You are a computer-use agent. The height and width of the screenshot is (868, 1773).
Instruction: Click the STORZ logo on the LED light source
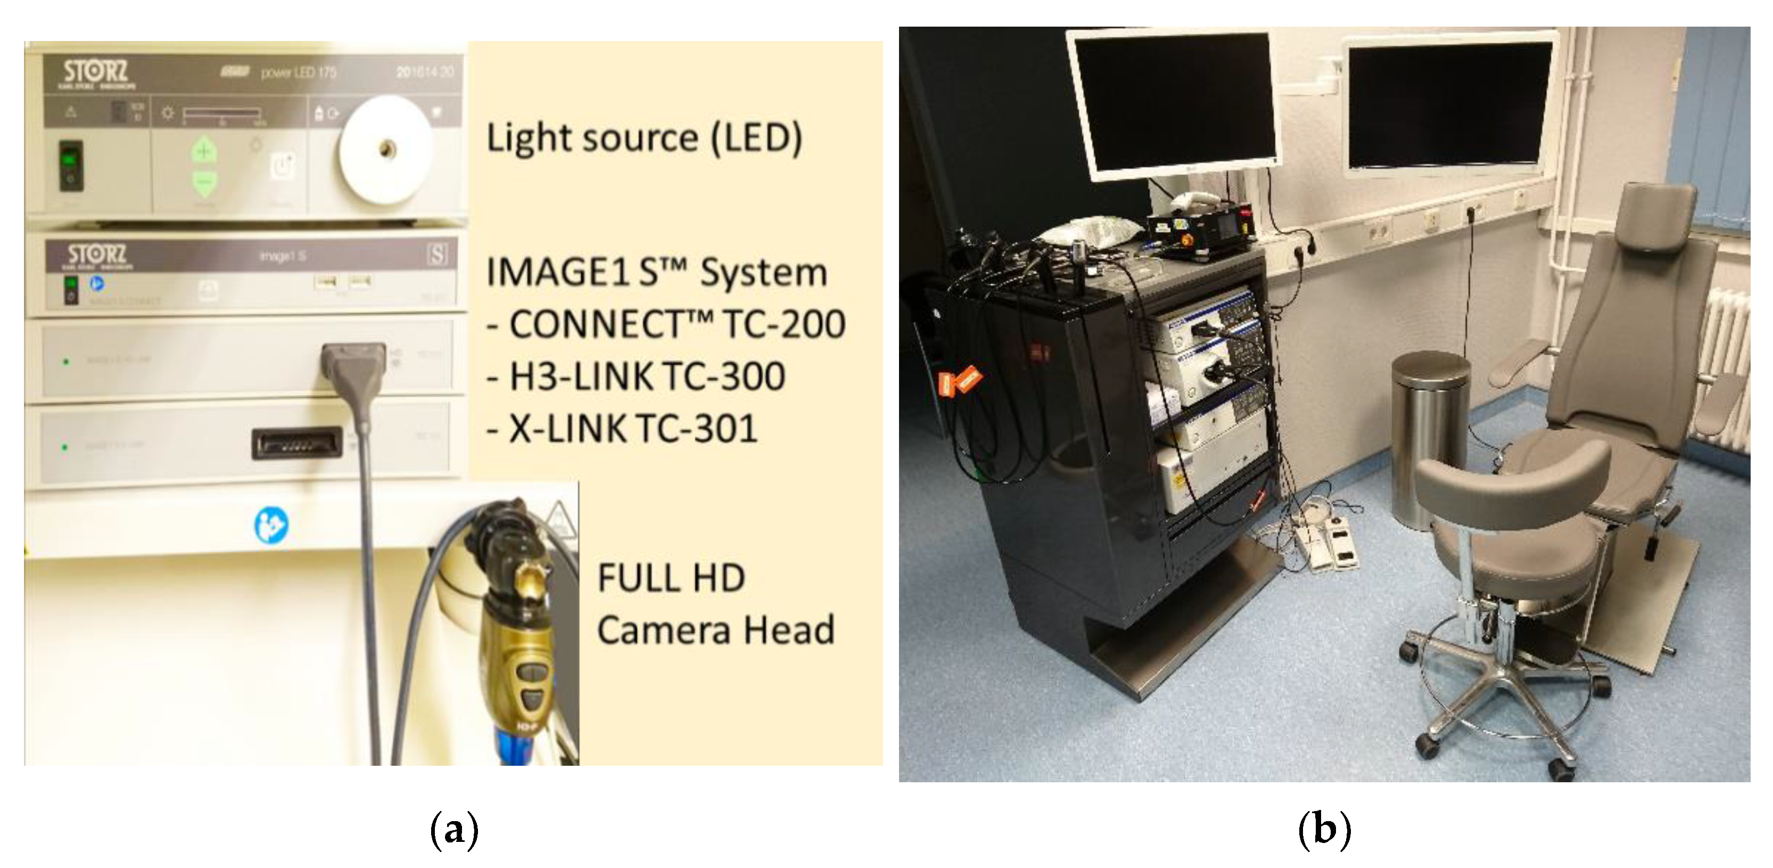pyautogui.click(x=96, y=71)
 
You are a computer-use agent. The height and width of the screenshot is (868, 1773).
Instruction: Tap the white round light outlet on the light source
pyautogui.click(x=386, y=149)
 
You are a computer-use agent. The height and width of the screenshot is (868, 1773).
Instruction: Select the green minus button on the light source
pyautogui.click(x=204, y=183)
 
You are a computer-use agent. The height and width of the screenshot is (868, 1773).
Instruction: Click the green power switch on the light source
pyautogui.click(x=70, y=165)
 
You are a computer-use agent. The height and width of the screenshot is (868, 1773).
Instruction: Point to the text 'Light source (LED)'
pyautogui.click(x=644, y=138)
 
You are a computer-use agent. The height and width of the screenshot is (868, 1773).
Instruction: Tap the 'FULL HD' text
pyautogui.click(x=671, y=578)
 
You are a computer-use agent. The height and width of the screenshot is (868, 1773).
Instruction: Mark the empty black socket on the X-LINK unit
pyautogui.click(x=298, y=443)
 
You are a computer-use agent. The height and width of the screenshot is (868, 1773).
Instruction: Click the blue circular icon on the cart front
pyautogui.click(x=271, y=525)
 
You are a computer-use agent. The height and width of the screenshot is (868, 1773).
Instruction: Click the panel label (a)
pyautogui.click(x=453, y=830)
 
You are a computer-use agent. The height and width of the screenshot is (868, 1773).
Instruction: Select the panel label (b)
pyautogui.click(x=1324, y=830)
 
